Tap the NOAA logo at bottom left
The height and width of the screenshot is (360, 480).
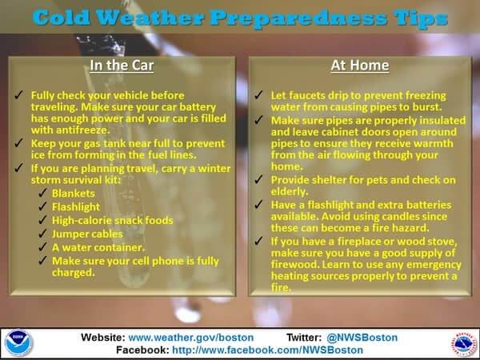(x=19, y=342)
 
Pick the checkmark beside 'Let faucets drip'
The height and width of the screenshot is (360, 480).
(x=258, y=94)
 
